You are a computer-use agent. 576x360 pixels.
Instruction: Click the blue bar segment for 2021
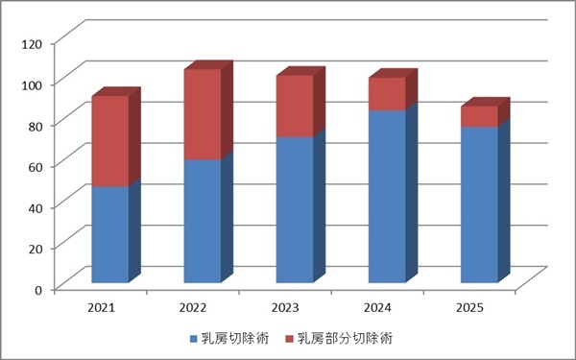(109, 234)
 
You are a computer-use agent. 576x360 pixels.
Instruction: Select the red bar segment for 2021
(109, 141)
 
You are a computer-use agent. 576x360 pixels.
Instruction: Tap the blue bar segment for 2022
(202, 221)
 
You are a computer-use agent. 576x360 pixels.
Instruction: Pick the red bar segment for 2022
(202, 114)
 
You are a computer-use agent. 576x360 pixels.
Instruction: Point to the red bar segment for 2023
(295, 107)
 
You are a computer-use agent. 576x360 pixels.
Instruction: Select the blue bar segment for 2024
(387, 196)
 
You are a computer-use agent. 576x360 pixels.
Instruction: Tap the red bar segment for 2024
(387, 94)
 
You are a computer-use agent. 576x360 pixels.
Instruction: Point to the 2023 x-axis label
(286, 308)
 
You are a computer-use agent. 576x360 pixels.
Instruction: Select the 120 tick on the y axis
(33, 43)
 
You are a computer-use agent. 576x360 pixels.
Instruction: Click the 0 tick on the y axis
(39, 289)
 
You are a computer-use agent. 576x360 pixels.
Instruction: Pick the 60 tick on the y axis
(36, 166)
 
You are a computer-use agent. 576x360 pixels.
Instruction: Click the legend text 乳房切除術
(235, 339)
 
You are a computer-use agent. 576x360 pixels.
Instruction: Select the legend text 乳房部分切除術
(345, 339)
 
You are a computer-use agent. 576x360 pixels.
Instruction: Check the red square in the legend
(290, 339)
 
